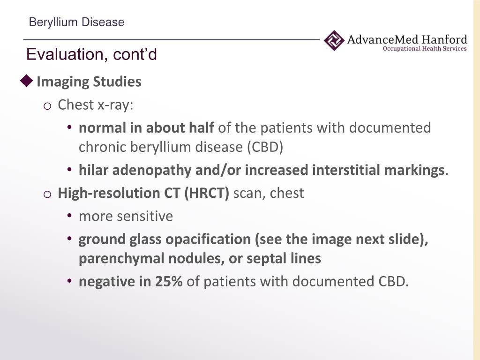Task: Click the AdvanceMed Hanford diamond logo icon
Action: [x=334, y=40]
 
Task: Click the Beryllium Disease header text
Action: [x=76, y=22]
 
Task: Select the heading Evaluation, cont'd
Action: [x=91, y=54]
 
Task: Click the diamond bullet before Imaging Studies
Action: [x=27, y=81]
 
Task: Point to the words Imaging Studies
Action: [x=89, y=82]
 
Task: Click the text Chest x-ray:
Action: [x=96, y=105]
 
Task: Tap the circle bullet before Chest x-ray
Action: [x=47, y=106]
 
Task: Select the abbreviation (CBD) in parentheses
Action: [x=265, y=147]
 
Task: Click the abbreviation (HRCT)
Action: [x=207, y=193]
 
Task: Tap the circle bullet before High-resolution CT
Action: [x=47, y=194]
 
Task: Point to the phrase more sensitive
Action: [x=126, y=216]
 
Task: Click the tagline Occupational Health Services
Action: [x=425, y=49]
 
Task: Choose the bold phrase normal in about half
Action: [x=146, y=128]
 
